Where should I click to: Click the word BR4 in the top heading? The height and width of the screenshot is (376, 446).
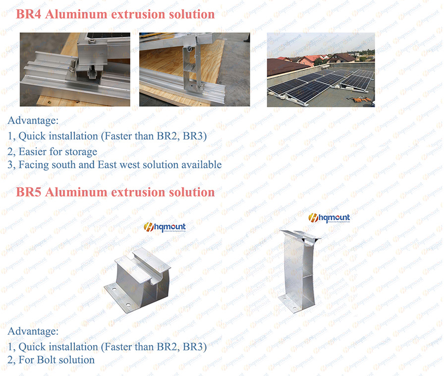28,14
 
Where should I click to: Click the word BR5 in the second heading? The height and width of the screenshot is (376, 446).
28,192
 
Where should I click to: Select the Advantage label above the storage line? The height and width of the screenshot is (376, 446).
33,121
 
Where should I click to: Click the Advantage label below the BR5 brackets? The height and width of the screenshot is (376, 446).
33,331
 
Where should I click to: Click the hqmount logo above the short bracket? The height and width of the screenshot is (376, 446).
165,227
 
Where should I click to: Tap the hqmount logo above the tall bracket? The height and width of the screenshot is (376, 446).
329,218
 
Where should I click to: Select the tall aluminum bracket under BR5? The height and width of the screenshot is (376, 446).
298,270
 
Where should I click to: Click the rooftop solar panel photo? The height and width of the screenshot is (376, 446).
321,70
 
